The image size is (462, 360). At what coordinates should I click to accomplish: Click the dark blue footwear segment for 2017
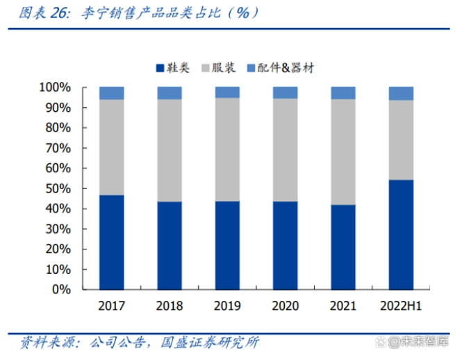pos(111,242)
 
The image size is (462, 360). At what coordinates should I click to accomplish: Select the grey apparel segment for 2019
pos(227,149)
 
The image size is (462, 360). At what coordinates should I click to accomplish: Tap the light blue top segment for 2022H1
pos(401,94)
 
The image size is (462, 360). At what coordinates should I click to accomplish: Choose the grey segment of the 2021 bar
pos(343,152)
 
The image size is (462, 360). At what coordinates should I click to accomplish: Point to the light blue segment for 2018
pos(170,93)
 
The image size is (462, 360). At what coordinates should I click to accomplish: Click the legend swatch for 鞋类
pos(160,68)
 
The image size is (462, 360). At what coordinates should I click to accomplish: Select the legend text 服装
pos(225,68)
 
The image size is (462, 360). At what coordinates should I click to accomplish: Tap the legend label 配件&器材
pos(285,68)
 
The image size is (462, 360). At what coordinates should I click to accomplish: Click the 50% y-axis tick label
pos(58,188)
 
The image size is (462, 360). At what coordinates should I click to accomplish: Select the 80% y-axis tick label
pos(58,128)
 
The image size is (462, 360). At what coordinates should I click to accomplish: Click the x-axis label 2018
pos(170,306)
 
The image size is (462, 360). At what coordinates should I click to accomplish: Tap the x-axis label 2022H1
pos(401,306)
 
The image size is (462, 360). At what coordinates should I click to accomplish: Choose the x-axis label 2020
pos(285,306)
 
